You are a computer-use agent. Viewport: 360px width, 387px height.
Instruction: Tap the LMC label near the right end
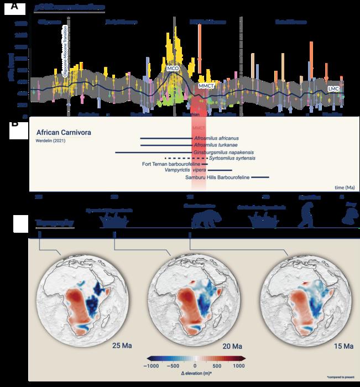[333, 88]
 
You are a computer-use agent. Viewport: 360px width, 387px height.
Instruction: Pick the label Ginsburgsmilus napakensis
[220, 151]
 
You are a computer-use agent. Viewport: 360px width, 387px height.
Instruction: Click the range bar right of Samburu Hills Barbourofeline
[260, 177]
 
